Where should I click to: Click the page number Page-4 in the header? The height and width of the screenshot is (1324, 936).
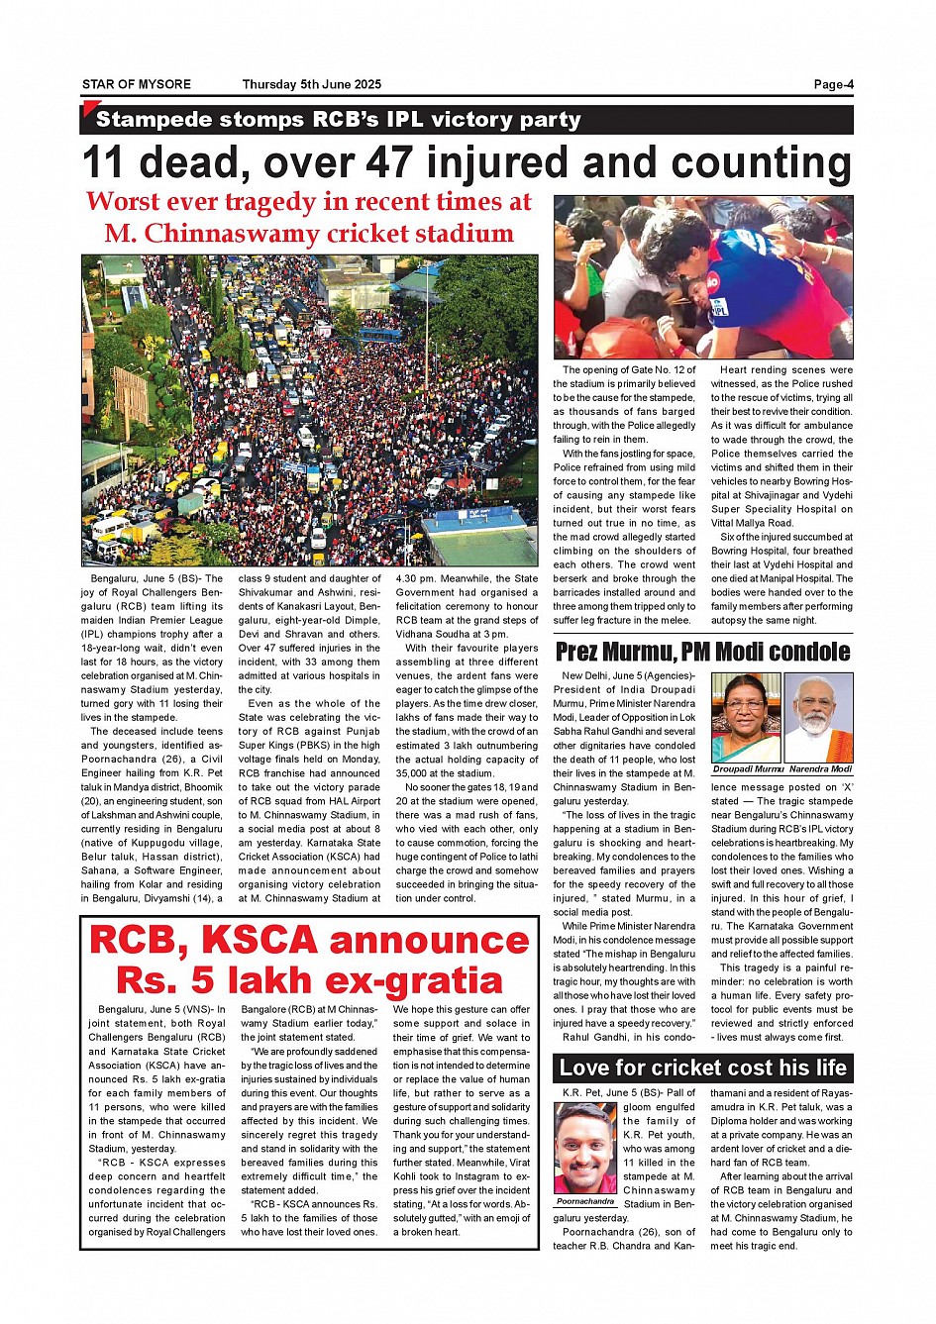pyautogui.click(x=833, y=85)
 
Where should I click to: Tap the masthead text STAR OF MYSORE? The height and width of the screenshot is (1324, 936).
pyautogui.click(x=137, y=85)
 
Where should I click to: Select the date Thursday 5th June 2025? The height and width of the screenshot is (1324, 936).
pyautogui.click(x=311, y=85)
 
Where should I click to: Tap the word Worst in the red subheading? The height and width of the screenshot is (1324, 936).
pyautogui.click(x=123, y=201)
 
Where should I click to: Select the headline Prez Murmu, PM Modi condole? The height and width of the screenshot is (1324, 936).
pyautogui.click(x=702, y=652)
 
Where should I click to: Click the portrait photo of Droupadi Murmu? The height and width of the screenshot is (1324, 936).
pyautogui.click(x=746, y=718)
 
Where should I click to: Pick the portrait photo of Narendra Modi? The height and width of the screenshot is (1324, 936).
pyautogui.click(x=818, y=718)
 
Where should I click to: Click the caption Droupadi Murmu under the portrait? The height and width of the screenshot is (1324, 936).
pyautogui.click(x=748, y=768)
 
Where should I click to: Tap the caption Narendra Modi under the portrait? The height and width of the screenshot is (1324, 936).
pyautogui.click(x=820, y=768)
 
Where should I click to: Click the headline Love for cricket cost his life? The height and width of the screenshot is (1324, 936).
pyautogui.click(x=702, y=1068)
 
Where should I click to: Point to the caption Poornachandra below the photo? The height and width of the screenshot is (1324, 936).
pyautogui.click(x=584, y=1201)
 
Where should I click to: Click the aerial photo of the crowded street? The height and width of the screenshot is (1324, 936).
pyautogui.click(x=309, y=410)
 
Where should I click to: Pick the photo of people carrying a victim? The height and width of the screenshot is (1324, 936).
pyautogui.click(x=702, y=276)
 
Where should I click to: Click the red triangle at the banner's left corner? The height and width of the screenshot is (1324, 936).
pyautogui.click(x=89, y=108)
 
